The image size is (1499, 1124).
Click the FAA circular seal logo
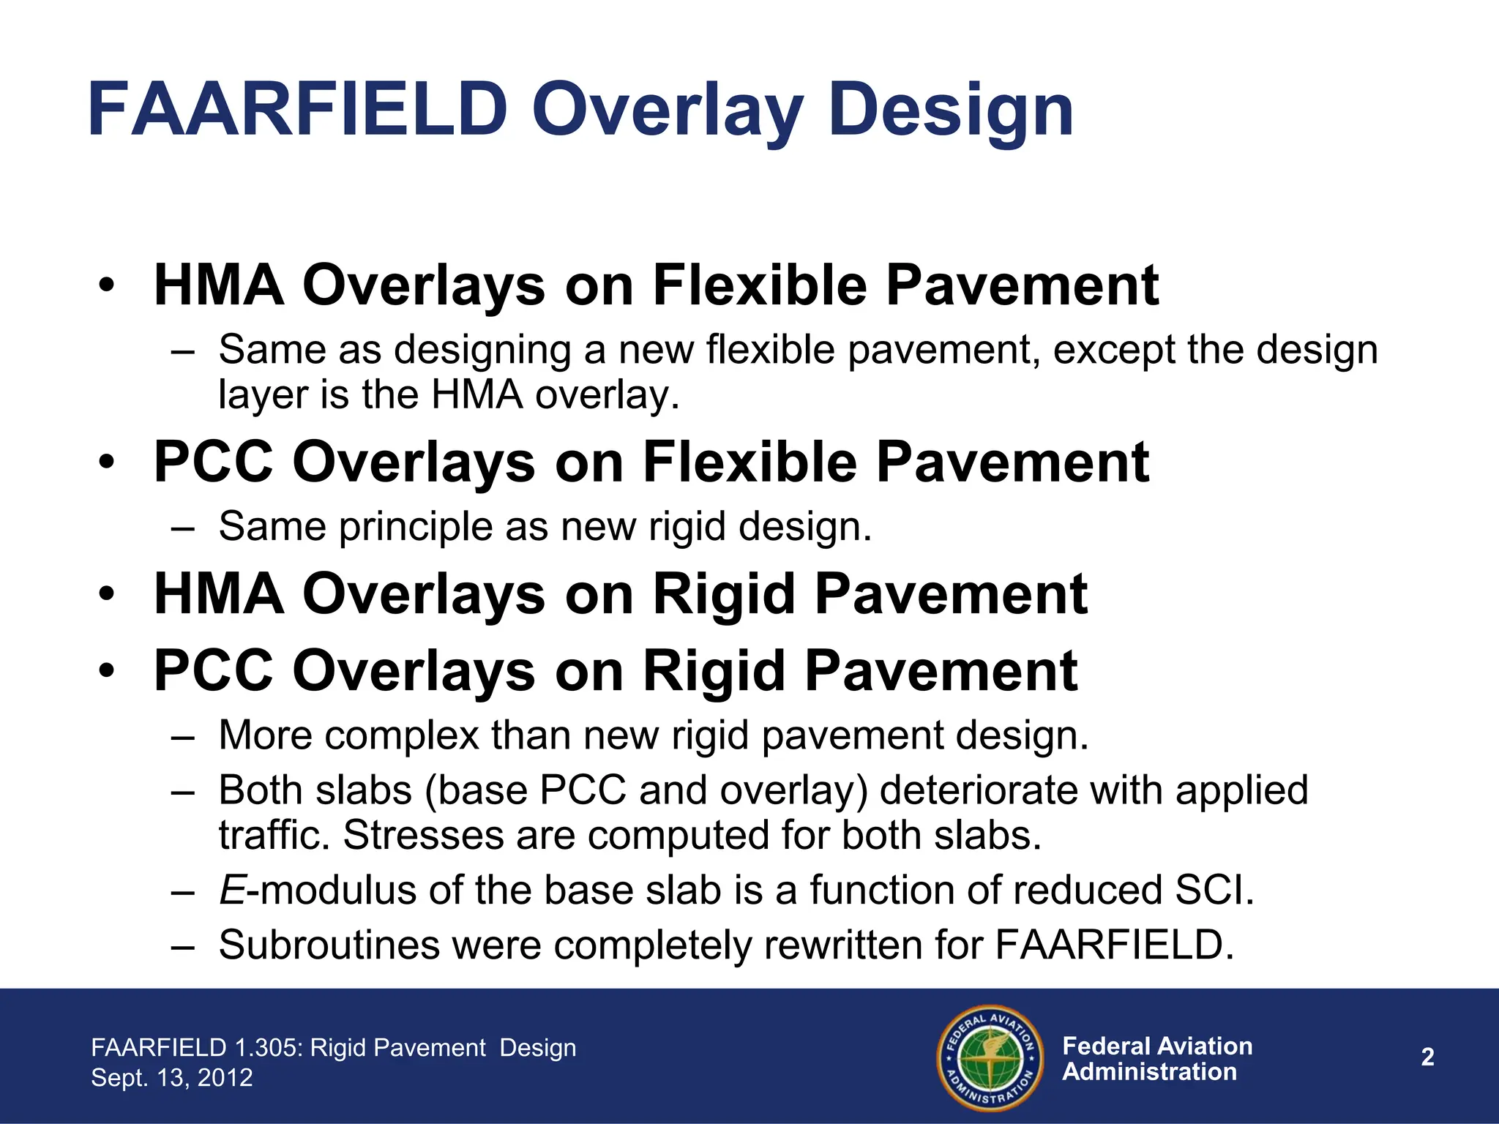[990, 1057]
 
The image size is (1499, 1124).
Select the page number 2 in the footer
[1427, 1057]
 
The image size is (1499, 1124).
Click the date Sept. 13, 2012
[172, 1077]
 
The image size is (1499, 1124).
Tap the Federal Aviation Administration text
[1156, 1059]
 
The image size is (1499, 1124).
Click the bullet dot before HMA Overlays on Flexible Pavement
[107, 286]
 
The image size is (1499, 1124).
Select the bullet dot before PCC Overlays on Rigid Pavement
[107, 672]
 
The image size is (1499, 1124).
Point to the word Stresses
[423, 835]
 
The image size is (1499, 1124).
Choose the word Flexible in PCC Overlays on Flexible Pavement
[749, 462]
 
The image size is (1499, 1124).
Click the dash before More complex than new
[182, 736]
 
